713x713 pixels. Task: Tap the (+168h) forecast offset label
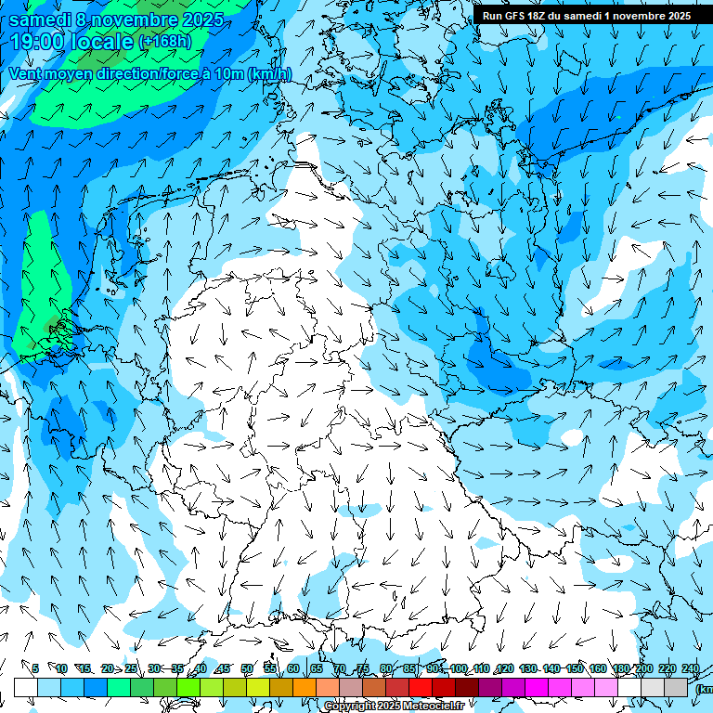click(x=164, y=42)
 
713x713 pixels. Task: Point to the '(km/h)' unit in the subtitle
click(x=269, y=74)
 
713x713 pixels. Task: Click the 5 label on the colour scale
click(x=35, y=668)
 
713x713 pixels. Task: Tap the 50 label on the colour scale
click(x=247, y=668)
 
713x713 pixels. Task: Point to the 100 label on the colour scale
click(x=459, y=668)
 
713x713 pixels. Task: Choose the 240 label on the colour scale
click(x=690, y=668)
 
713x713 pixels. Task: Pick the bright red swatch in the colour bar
click(x=421, y=687)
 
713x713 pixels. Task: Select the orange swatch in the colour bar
click(x=305, y=687)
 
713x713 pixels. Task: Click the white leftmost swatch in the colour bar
click(x=26, y=687)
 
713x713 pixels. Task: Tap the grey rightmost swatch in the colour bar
click(x=676, y=687)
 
